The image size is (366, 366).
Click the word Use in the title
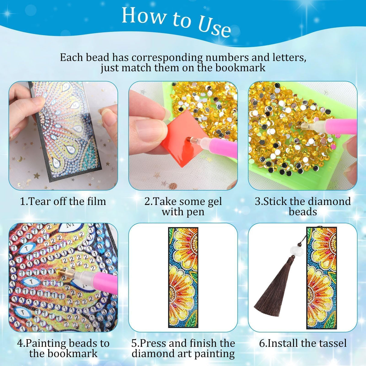(214, 27)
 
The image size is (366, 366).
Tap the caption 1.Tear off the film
(63, 201)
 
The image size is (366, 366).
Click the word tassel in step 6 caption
(331, 343)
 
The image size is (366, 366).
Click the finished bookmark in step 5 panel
(183, 277)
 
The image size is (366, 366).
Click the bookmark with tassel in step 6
(321, 277)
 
